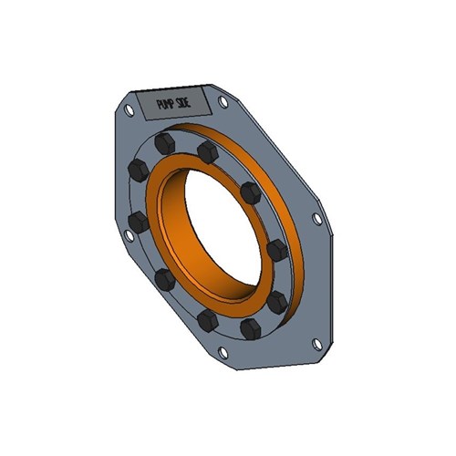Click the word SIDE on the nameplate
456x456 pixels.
click(x=190, y=101)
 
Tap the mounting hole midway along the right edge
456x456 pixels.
click(x=316, y=220)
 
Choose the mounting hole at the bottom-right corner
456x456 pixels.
click(x=316, y=343)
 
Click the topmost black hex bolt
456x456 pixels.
click(x=164, y=144)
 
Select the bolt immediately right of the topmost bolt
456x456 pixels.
click(x=207, y=152)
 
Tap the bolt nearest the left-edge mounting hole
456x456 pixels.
click(x=139, y=222)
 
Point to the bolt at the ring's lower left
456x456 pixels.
click(x=164, y=278)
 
